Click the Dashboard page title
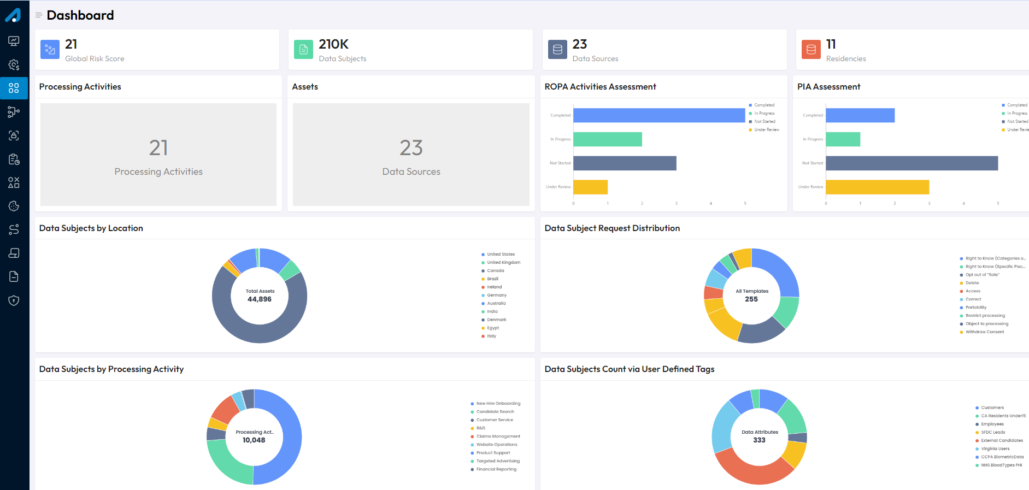[x=80, y=15]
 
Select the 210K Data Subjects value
[x=333, y=44]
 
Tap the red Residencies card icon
[x=811, y=50]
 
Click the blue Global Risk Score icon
[x=50, y=50]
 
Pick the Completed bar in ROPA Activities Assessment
[x=658, y=115]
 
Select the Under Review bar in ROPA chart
[x=590, y=187]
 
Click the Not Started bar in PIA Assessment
[x=912, y=163]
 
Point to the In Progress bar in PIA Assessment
[x=843, y=139]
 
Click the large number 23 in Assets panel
[x=411, y=148]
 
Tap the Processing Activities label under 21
[x=158, y=172]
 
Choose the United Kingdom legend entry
[x=503, y=263]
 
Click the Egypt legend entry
[x=492, y=328]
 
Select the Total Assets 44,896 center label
[x=260, y=296]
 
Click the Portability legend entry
[x=975, y=308]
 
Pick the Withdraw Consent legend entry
[x=984, y=332]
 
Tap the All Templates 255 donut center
[x=751, y=296]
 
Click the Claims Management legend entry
[x=498, y=436]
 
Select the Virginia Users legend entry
[x=995, y=449]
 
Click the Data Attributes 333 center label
[x=759, y=436]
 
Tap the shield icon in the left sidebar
[x=14, y=300]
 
